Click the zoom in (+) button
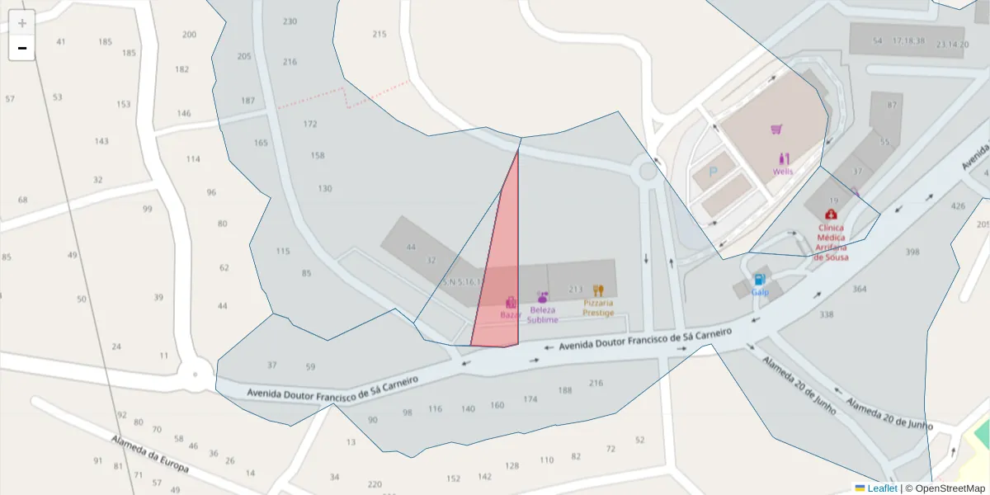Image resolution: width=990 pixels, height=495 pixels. click(22, 23)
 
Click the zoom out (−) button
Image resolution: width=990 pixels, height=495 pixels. click(22, 48)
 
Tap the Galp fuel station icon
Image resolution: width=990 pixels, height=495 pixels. click(759, 280)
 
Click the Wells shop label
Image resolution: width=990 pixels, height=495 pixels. click(783, 172)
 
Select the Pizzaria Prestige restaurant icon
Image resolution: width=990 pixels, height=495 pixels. click(598, 290)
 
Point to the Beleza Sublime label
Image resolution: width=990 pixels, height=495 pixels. click(543, 314)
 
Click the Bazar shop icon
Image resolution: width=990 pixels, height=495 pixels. click(511, 303)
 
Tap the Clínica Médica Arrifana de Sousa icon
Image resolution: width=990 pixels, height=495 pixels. click(830, 214)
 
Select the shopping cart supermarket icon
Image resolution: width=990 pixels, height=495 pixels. click(776, 129)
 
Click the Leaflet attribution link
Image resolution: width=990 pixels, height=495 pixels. click(881, 488)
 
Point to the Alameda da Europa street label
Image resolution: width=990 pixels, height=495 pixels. click(150, 454)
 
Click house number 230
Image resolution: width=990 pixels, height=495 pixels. click(290, 21)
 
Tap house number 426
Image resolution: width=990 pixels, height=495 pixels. click(958, 206)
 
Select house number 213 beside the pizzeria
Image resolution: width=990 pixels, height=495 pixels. click(576, 290)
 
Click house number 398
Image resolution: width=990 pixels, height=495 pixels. click(912, 252)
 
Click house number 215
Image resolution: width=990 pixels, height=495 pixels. click(379, 34)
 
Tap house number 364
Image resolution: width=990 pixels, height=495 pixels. click(860, 289)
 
